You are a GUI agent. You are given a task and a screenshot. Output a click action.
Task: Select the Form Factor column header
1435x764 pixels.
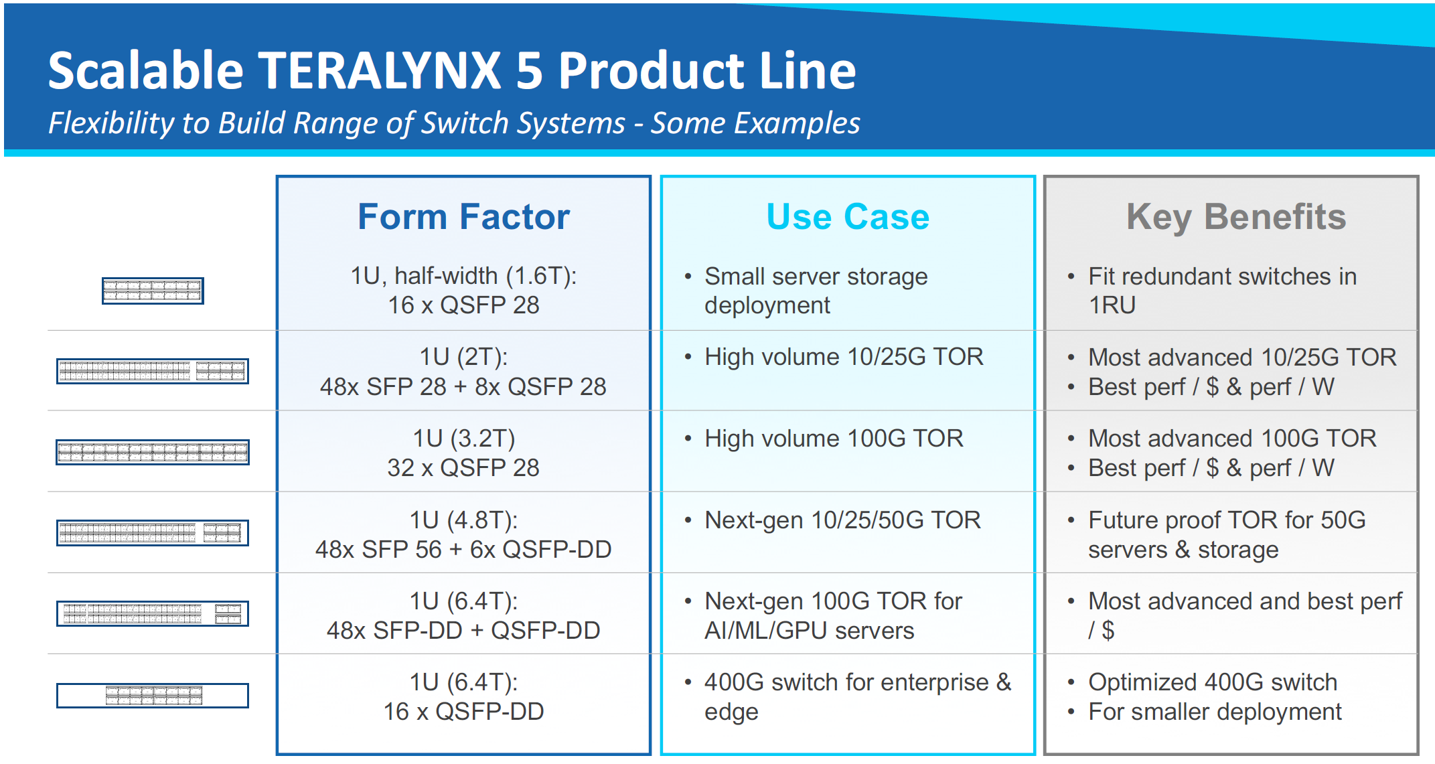coord(463,217)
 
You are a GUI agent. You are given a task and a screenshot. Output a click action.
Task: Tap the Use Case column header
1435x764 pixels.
coord(848,217)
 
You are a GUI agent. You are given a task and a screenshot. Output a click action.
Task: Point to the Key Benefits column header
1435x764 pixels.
coord(1236,217)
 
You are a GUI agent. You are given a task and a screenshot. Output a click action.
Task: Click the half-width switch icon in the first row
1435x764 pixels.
coord(153,291)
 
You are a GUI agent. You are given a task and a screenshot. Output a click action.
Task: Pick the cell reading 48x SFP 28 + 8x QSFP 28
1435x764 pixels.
coord(463,372)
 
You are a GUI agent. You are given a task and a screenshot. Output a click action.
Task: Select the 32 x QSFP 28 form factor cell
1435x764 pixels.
coord(463,453)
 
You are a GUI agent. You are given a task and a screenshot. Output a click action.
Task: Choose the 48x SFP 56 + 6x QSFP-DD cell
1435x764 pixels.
coord(463,534)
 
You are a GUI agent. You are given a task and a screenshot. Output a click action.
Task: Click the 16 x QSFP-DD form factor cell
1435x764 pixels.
coord(463,696)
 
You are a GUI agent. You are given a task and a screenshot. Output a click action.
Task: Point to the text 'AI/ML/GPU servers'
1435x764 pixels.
coord(809,631)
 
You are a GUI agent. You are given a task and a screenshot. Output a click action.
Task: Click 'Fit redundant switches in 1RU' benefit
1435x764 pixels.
coord(1222,291)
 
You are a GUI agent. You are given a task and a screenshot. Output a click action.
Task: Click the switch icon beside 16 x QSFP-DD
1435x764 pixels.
coord(153,696)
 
